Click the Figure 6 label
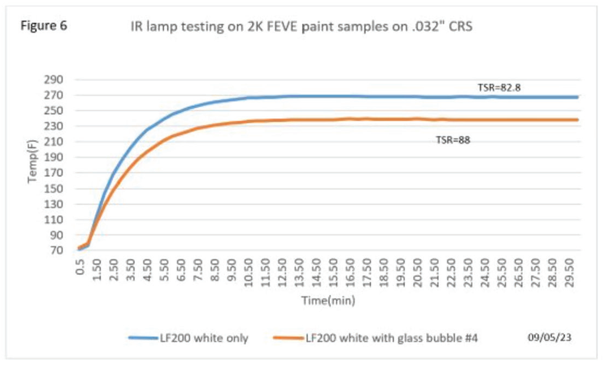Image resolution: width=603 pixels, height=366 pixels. (44, 26)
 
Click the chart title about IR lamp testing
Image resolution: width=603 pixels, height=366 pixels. (301, 27)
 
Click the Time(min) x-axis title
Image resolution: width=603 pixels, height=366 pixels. (328, 300)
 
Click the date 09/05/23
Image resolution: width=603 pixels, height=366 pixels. (549, 337)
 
